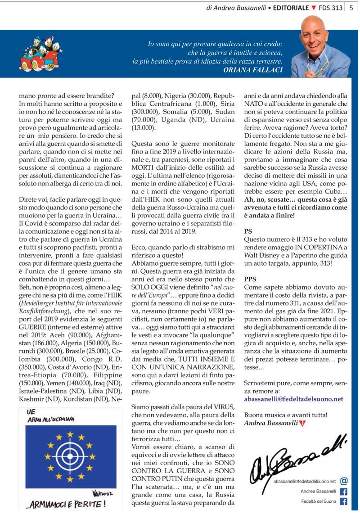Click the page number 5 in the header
point(351,8)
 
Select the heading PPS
point(250,279)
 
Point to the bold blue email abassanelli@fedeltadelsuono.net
point(293,399)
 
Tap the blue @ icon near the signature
point(344,481)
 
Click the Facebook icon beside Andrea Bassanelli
point(344,491)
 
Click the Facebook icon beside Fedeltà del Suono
point(344,501)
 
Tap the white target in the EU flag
point(70,458)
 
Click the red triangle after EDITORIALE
point(314,8)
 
